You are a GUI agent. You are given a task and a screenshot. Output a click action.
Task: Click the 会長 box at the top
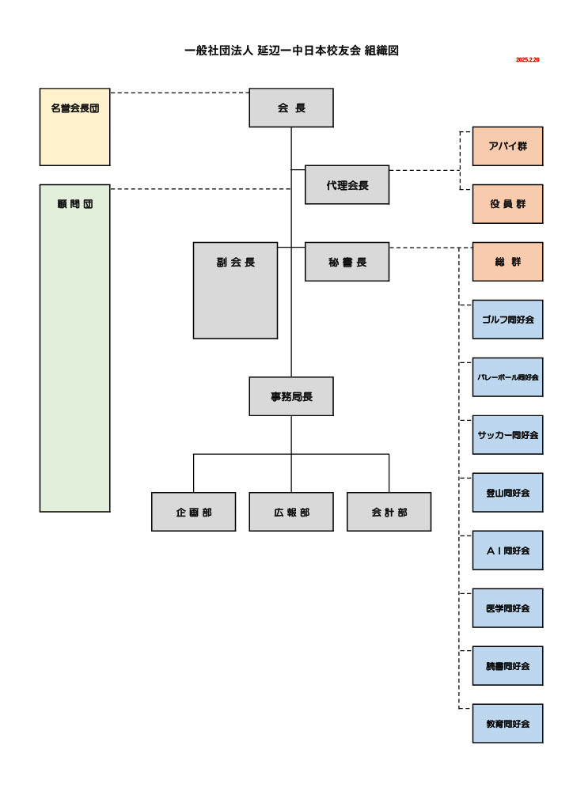(x=291, y=108)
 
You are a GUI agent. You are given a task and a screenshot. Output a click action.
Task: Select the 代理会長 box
(x=347, y=185)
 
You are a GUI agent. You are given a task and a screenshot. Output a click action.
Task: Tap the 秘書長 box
(x=347, y=262)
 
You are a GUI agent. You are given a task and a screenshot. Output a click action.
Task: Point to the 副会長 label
(x=235, y=263)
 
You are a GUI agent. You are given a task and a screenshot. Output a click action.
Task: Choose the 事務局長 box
(x=291, y=396)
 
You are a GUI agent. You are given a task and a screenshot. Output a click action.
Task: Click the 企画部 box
(x=194, y=512)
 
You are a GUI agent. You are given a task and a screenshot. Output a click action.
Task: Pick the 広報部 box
(x=291, y=512)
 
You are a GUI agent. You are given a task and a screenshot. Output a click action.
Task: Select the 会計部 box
(x=389, y=512)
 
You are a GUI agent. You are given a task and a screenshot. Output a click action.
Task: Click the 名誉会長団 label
(x=74, y=108)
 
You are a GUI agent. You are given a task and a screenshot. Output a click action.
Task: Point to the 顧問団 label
(x=74, y=204)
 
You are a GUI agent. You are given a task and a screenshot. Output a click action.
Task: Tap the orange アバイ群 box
(x=507, y=146)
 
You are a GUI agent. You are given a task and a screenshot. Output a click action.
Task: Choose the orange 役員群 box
(x=507, y=204)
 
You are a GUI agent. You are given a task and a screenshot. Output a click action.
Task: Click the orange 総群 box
(x=507, y=262)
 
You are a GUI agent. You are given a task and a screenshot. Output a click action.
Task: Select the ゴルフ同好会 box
(x=507, y=320)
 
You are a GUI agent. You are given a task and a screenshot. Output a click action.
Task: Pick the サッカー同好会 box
(x=507, y=435)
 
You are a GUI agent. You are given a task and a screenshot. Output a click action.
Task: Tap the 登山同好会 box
(x=507, y=493)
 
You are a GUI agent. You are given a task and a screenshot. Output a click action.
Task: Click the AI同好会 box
(x=507, y=551)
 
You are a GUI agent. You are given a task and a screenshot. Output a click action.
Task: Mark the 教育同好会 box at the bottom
(x=507, y=724)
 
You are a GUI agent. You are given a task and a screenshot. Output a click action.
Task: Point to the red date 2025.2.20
(x=527, y=60)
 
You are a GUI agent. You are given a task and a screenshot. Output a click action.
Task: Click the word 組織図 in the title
(x=381, y=51)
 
